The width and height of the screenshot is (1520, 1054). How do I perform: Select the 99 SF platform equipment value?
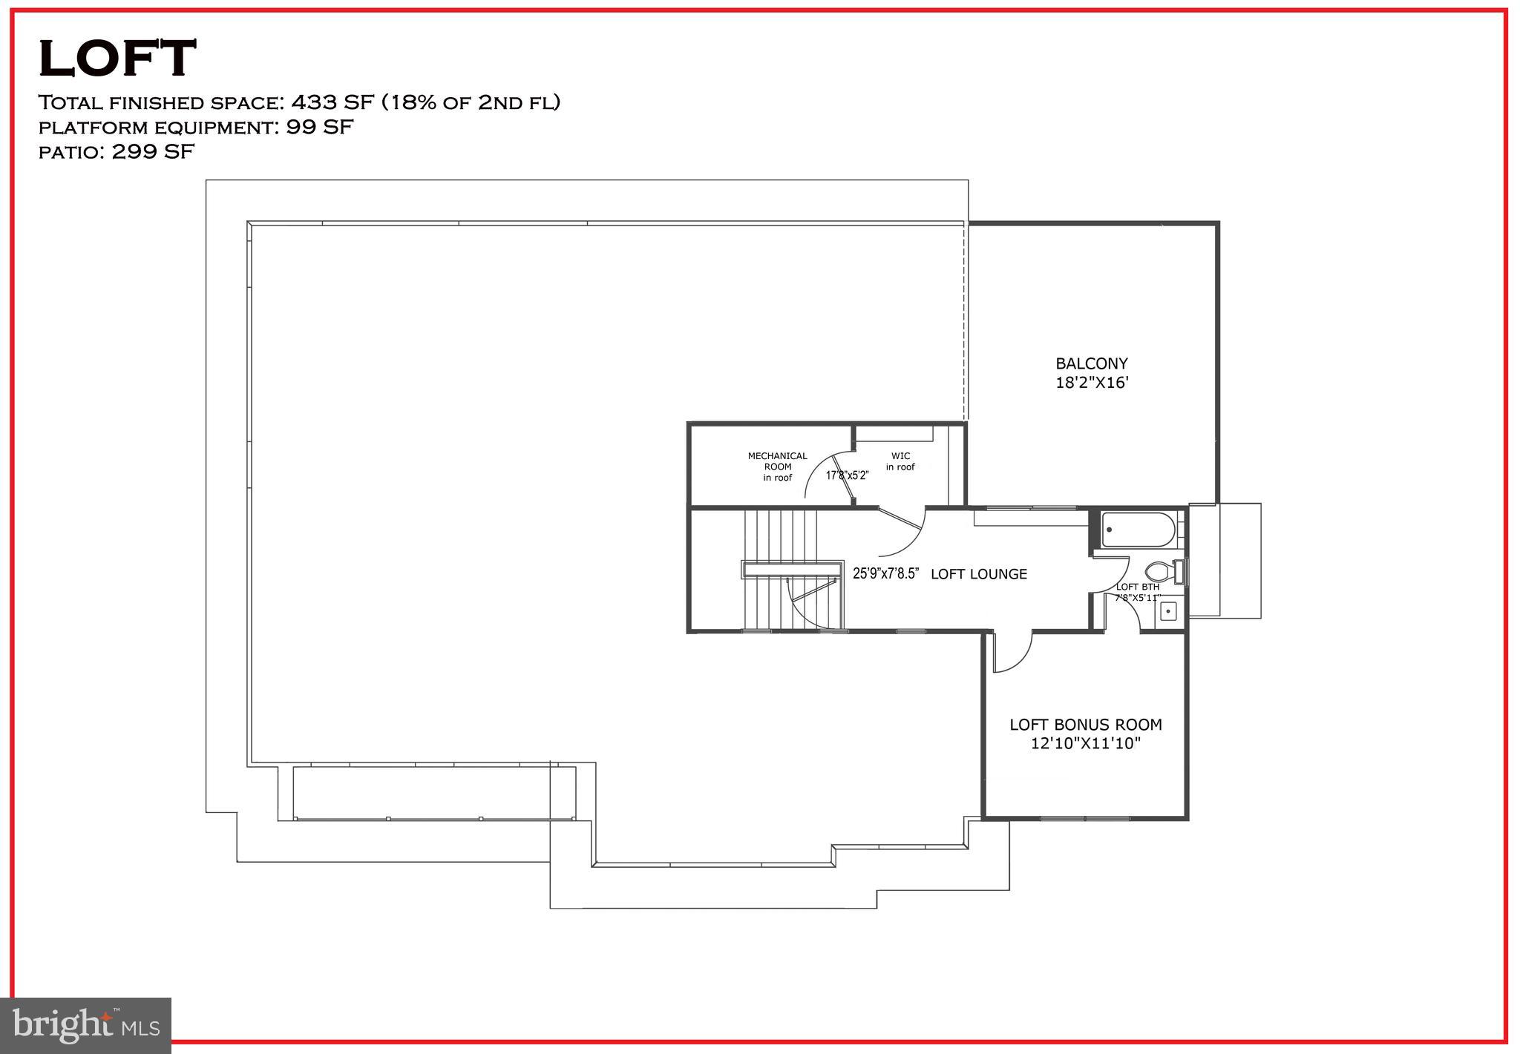[320, 127]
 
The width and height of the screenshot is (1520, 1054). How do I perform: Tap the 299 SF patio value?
[153, 152]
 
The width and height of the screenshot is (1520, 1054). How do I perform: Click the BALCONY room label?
[1091, 363]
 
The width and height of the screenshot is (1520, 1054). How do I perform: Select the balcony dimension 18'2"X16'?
[1092, 383]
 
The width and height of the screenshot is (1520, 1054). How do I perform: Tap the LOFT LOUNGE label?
[978, 574]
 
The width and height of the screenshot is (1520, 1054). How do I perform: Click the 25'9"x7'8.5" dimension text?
[886, 573]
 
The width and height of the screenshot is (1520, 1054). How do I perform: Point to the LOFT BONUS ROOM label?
[1085, 725]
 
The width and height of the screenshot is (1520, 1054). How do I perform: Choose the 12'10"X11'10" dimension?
[1085, 743]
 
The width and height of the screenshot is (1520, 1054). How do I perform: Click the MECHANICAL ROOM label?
[777, 467]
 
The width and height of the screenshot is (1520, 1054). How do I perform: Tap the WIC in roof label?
[900, 461]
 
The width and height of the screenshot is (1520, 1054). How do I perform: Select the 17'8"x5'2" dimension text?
[847, 475]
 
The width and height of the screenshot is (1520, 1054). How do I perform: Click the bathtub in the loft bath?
[1138, 530]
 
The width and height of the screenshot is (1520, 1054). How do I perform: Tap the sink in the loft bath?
[1168, 611]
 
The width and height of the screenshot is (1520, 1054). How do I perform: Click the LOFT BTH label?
[1137, 587]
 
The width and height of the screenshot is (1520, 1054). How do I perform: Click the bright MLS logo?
[86, 1026]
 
